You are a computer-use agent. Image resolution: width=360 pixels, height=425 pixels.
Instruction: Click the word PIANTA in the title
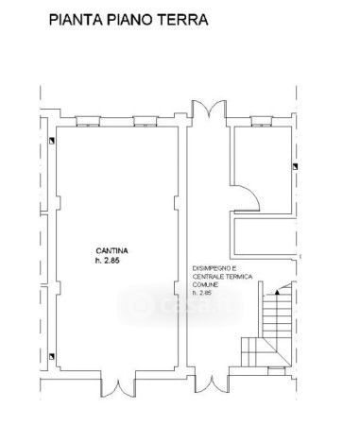pyautogui.click(x=76, y=20)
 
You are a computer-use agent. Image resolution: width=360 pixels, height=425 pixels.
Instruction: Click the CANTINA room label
pyautogui.click(x=111, y=251)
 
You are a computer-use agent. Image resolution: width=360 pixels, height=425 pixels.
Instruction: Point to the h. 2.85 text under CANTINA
pyautogui.click(x=108, y=261)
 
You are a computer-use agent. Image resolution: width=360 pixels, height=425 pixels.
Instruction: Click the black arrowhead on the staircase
pyautogui.click(x=277, y=292)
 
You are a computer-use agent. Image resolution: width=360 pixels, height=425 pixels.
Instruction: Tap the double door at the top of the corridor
pyautogui.click(x=209, y=110)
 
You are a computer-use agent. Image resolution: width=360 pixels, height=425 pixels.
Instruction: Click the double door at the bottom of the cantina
pyautogui.click(x=118, y=388)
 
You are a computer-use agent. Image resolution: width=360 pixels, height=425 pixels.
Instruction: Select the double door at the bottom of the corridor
pyautogui.click(x=213, y=384)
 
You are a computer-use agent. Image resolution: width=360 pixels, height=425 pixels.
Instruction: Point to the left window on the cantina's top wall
pyautogui.click(x=88, y=122)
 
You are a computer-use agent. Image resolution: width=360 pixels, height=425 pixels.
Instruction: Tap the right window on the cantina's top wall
pyautogui.click(x=146, y=122)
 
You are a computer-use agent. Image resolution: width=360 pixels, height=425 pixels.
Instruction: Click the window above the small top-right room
pyautogui.click(x=262, y=122)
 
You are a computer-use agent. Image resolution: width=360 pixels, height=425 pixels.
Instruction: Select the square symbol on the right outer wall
pyautogui.click(x=295, y=166)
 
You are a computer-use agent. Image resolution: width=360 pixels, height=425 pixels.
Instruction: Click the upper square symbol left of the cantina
pyautogui.click(x=52, y=141)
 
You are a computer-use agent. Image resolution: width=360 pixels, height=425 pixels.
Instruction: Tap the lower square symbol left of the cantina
pyautogui.click(x=52, y=356)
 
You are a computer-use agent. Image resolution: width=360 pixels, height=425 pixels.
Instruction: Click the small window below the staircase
pyautogui.click(x=277, y=371)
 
